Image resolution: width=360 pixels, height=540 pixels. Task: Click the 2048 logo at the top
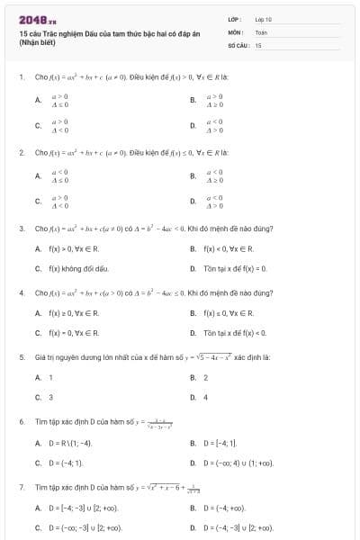coord(37,19)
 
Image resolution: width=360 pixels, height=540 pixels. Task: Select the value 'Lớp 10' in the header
coord(263,18)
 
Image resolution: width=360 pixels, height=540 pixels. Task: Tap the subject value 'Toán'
coord(261,31)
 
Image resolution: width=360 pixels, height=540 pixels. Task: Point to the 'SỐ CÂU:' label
coord(238,44)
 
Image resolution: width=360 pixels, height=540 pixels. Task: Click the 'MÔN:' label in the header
coord(236,31)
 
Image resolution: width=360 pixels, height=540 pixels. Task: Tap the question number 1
coord(20,77)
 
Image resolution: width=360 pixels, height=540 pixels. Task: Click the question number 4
coord(20,292)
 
